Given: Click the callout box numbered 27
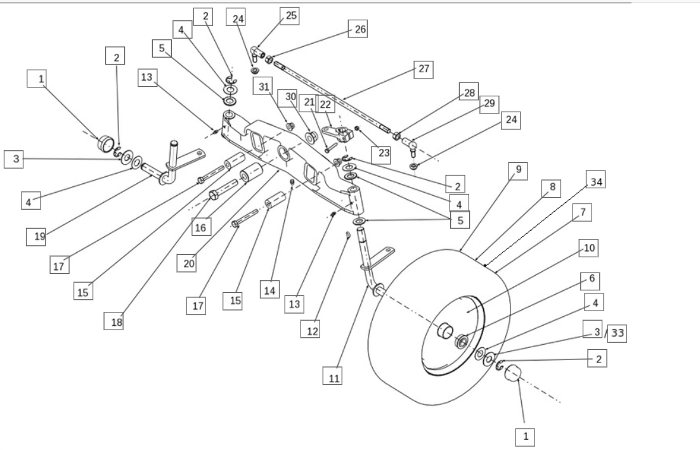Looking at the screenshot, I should (423, 70).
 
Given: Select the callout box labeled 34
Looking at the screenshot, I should (594, 182).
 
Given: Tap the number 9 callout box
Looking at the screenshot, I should (518, 170).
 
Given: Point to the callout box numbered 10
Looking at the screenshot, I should (589, 248).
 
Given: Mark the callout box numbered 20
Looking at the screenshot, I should (187, 263).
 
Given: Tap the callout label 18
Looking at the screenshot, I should (114, 321).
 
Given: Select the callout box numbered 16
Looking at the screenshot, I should (200, 227).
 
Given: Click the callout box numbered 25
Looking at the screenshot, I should (290, 15).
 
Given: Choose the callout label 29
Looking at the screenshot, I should (489, 104).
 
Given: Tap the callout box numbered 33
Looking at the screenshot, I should (616, 334).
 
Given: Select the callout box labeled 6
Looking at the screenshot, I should (591, 279).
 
